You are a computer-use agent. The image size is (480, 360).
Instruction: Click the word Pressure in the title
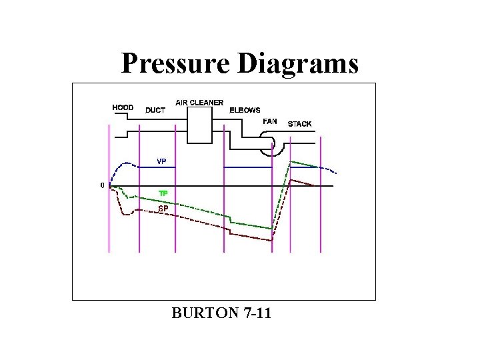tap(174, 64)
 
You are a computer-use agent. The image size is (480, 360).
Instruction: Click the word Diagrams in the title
tap(295, 64)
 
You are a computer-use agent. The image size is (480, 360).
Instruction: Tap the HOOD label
tap(123, 107)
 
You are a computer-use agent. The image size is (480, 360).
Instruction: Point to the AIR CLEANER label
tap(199, 103)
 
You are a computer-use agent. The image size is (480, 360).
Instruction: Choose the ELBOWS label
tap(245, 110)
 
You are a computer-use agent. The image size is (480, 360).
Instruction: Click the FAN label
tap(269, 121)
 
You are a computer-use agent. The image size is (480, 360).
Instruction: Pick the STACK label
tap(299, 124)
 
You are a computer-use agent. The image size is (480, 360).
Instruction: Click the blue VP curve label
tap(161, 161)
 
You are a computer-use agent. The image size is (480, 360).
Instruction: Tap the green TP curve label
tap(163, 193)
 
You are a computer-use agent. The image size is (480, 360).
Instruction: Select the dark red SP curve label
tap(163, 209)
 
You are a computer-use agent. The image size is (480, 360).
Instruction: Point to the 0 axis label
tap(102, 185)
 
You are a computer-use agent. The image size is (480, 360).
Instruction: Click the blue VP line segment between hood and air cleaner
tap(157, 167)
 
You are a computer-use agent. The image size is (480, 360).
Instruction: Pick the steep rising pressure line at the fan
tap(281, 200)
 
